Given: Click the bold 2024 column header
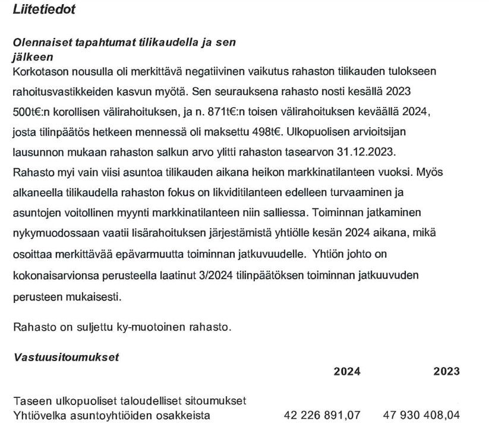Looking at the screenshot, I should (x=346, y=372).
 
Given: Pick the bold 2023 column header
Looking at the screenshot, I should (x=446, y=372).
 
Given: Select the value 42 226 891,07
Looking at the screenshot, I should (x=323, y=415).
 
